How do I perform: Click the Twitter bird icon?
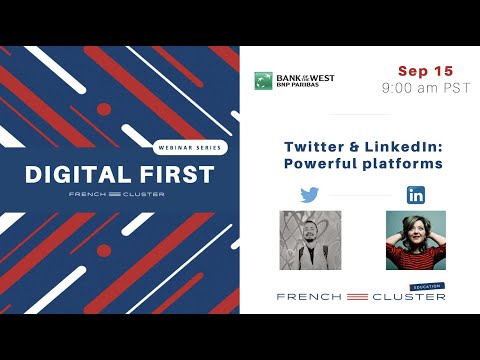tap(310, 195)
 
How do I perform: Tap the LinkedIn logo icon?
tap(415, 195)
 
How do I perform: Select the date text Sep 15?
tap(425, 71)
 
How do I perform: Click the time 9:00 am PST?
tap(425, 88)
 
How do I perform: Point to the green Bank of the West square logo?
tap(263, 80)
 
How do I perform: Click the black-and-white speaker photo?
tap(310, 240)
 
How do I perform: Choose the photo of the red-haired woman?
tap(415, 240)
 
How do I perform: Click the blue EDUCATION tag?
tap(427, 287)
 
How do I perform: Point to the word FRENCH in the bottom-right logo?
tap(308, 297)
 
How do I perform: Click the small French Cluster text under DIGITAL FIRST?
tap(120, 193)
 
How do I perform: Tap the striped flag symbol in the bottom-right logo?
tap(357, 297)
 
